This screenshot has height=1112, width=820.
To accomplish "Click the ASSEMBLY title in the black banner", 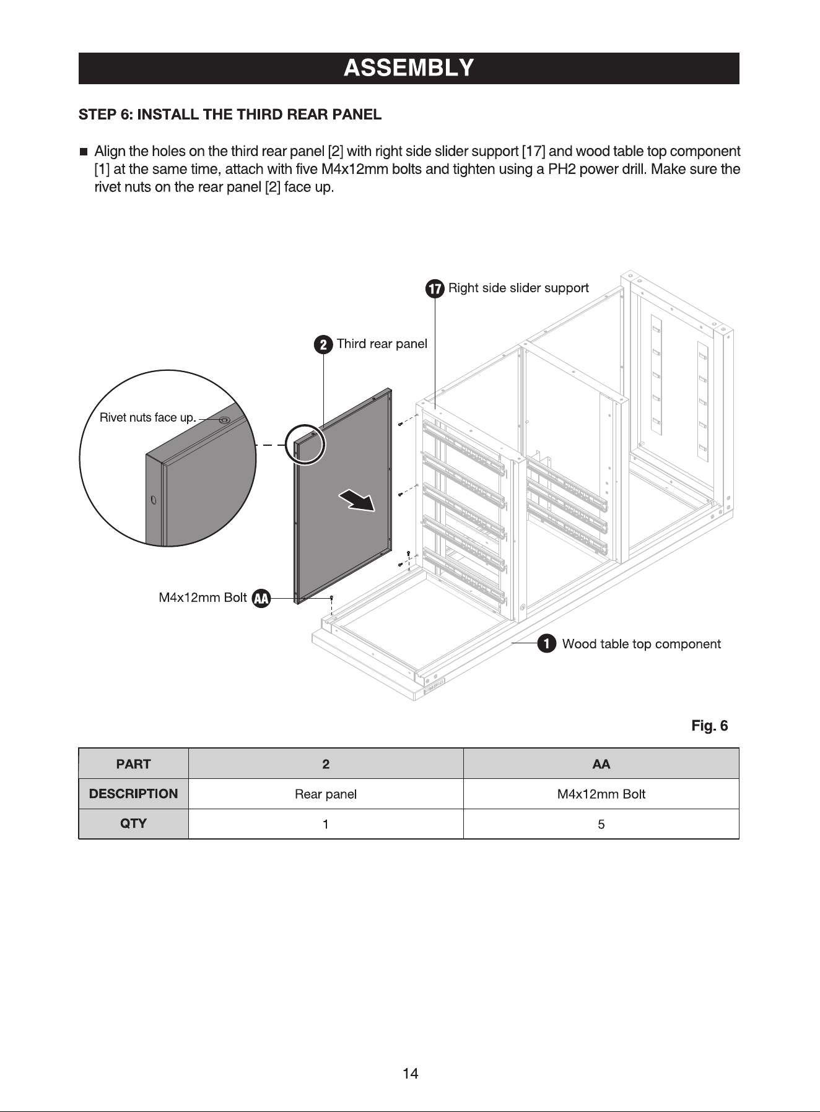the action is pyautogui.click(x=409, y=67).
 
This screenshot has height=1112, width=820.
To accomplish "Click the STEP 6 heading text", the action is pyautogui.click(x=230, y=115).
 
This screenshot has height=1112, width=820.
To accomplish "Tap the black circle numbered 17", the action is pyautogui.click(x=435, y=289).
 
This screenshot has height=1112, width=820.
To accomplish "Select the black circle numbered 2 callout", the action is pyautogui.click(x=323, y=345).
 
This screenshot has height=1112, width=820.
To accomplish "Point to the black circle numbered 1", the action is pyautogui.click(x=546, y=644).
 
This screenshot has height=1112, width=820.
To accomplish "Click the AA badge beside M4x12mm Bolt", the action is pyautogui.click(x=261, y=599).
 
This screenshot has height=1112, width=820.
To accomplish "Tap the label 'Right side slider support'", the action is pyautogui.click(x=518, y=288).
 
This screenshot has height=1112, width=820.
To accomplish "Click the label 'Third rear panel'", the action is pyautogui.click(x=382, y=344).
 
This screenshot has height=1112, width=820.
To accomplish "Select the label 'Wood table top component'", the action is pyautogui.click(x=641, y=644).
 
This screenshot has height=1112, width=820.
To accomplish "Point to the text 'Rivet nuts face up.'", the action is pyautogui.click(x=147, y=417).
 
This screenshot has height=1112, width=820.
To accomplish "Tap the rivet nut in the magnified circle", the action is pyautogui.click(x=224, y=420).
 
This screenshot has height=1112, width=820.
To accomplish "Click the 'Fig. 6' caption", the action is pyautogui.click(x=709, y=726).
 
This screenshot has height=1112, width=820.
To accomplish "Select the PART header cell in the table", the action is pyautogui.click(x=133, y=764).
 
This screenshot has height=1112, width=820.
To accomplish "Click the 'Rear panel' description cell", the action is pyautogui.click(x=326, y=794).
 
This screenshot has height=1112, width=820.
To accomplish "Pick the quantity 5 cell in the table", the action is pyautogui.click(x=601, y=824).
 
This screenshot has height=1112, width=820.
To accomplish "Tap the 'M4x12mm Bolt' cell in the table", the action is pyautogui.click(x=601, y=794).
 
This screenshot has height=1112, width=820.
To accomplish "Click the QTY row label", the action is pyautogui.click(x=133, y=823).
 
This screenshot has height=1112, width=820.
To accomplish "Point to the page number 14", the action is pyautogui.click(x=410, y=1074).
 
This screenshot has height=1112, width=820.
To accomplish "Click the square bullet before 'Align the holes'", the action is pyautogui.click(x=83, y=152).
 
